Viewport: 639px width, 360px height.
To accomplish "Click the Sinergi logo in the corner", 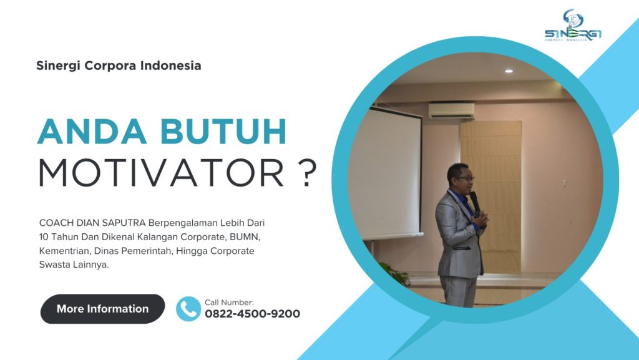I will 573,26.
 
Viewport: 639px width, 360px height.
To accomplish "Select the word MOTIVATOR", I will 161,173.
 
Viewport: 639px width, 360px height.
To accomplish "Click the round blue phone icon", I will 188,309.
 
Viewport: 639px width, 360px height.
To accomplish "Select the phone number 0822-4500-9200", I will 252,314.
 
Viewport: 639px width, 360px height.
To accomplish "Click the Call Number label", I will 229,302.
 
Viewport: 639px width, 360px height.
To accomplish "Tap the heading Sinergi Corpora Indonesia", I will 119,66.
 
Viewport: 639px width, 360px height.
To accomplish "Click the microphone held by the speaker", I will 475,201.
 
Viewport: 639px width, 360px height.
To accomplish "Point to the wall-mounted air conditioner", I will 451,110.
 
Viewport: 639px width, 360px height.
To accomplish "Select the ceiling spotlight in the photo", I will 509,71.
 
